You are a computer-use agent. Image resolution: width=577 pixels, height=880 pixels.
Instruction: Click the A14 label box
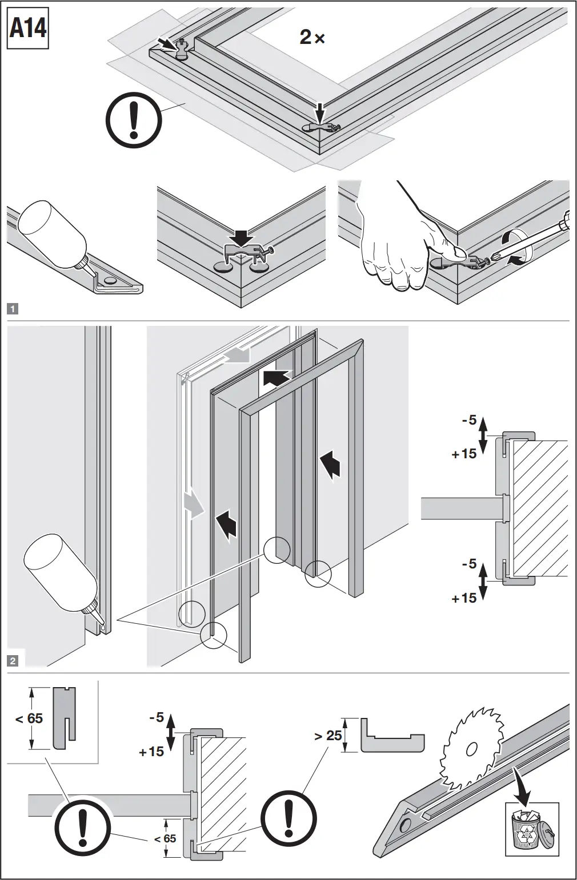point(28,28)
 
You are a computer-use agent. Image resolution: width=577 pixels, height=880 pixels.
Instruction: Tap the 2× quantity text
point(312,38)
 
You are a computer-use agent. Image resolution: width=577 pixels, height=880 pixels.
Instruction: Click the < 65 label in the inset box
point(29,718)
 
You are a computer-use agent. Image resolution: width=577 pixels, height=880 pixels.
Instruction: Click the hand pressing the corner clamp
point(394,245)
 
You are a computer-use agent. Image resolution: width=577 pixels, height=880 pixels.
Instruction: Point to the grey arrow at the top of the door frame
point(237,356)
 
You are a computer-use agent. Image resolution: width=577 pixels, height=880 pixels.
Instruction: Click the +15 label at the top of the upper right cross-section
point(463,454)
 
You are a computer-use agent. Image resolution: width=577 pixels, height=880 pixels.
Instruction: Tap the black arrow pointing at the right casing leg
point(331,463)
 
